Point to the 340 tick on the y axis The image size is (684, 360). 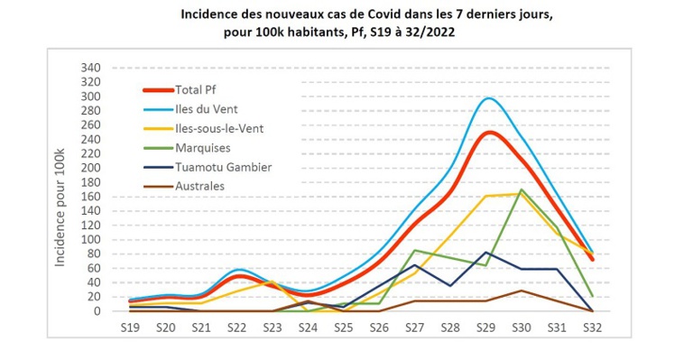tap(90, 69)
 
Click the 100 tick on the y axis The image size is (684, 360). tap(90, 240)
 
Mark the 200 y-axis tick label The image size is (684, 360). tap(90, 169)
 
